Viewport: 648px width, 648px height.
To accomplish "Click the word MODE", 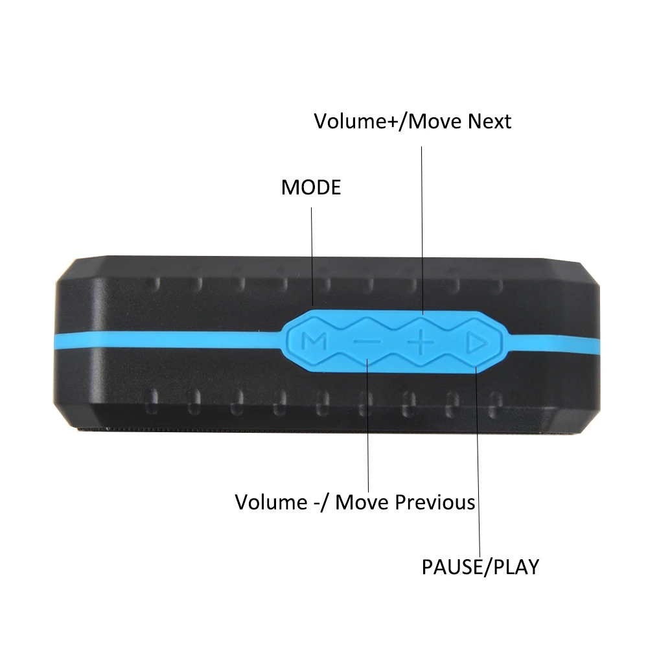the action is click(310, 188).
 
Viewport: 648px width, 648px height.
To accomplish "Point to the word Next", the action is click(486, 121).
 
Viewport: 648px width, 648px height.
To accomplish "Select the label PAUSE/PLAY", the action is click(480, 567).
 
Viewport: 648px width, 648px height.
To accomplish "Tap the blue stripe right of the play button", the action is click(551, 341).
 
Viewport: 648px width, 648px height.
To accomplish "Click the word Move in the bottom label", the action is click(362, 502).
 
